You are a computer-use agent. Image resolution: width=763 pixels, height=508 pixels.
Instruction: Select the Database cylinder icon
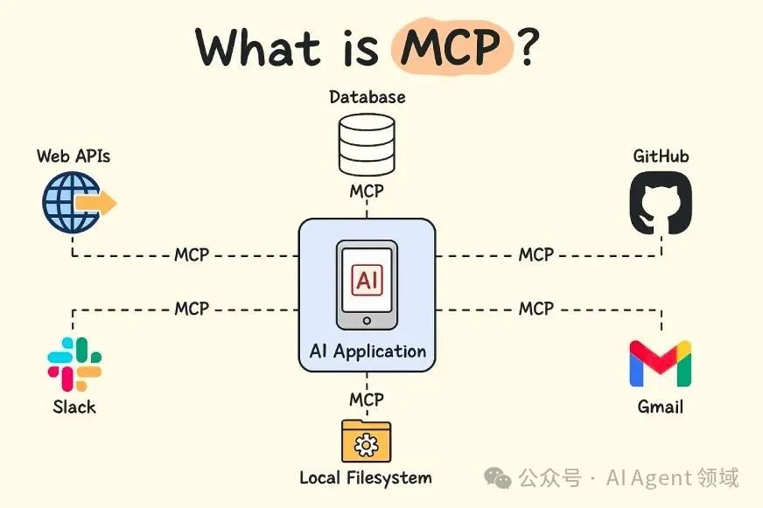pos(367,145)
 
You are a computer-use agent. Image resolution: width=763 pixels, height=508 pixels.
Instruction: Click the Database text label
pos(367,96)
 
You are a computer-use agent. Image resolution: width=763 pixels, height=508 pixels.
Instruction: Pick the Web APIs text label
pos(73,157)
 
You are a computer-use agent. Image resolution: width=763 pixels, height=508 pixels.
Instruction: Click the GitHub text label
pos(661,157)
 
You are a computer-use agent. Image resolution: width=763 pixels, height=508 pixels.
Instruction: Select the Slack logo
pos(74,364)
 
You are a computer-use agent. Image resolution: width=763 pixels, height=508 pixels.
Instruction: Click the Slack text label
pos(74,407)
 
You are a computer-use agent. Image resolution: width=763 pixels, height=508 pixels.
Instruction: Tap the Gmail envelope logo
pos(660,364)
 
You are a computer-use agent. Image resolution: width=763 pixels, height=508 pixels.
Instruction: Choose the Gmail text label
pos(660,407)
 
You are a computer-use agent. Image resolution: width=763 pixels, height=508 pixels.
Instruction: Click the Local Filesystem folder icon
pos(367,442)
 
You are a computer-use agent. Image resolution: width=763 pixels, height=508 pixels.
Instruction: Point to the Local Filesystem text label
pos(366,477)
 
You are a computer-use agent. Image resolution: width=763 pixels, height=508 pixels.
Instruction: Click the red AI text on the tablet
pos(367,281)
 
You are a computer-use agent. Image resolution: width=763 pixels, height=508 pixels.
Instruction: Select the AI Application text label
pos(367,351)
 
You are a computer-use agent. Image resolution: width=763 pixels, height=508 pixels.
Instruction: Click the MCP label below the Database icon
pos(367,191)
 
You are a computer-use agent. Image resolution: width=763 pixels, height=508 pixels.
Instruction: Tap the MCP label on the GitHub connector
pos(535,254)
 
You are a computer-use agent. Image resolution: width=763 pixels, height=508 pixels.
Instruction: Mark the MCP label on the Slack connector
pos(192,309)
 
